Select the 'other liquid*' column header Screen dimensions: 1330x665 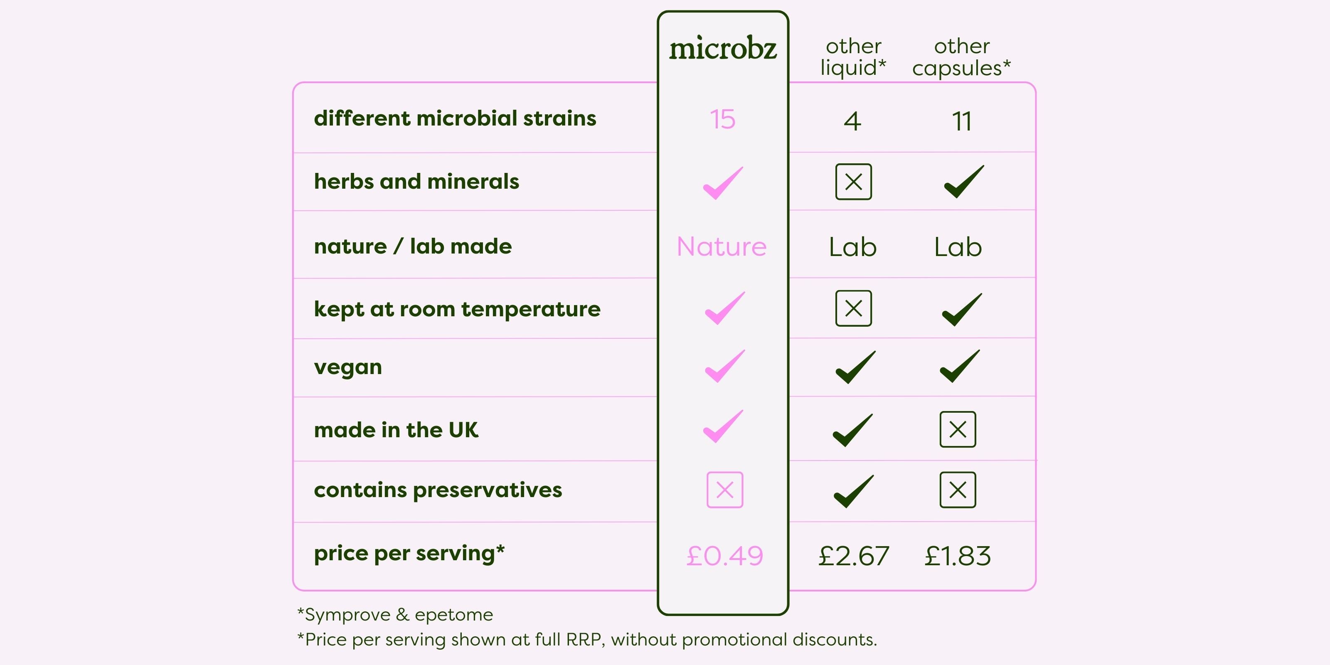point(853,57)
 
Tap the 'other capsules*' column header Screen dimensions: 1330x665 point(961,57)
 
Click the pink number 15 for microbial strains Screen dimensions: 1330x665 point(722,119)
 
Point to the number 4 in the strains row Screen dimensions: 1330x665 point(852,121)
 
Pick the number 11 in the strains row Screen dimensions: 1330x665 point(961,121)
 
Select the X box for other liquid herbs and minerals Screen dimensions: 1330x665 point(853,182)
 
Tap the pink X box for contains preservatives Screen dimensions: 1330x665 point(725,490)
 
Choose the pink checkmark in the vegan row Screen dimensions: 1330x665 point(725,366)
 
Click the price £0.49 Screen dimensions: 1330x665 point(724,556)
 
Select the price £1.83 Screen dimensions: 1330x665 point(958,556)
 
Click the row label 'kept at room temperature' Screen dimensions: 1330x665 point(457,310)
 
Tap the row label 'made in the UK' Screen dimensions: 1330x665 point(396,430)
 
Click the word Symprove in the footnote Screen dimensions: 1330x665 point(347,615)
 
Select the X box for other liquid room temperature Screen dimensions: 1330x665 point(853,308)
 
